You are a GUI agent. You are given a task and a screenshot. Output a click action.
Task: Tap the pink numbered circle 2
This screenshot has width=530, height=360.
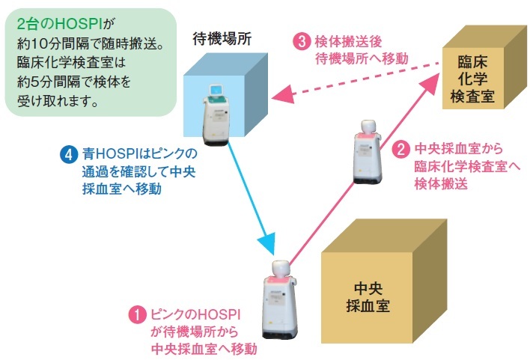pos(400,149)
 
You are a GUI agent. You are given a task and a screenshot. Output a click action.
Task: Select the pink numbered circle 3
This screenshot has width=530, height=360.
pos(299,42)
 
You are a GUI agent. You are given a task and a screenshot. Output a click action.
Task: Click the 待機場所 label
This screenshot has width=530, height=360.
pos(221,37)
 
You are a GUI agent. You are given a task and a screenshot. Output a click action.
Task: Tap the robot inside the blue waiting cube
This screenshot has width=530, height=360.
pos(219,112)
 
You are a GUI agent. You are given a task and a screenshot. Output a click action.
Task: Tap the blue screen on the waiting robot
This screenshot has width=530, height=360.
pos(219,91)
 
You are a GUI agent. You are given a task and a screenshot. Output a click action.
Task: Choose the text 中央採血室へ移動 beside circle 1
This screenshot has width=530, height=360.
pos(204,347)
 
